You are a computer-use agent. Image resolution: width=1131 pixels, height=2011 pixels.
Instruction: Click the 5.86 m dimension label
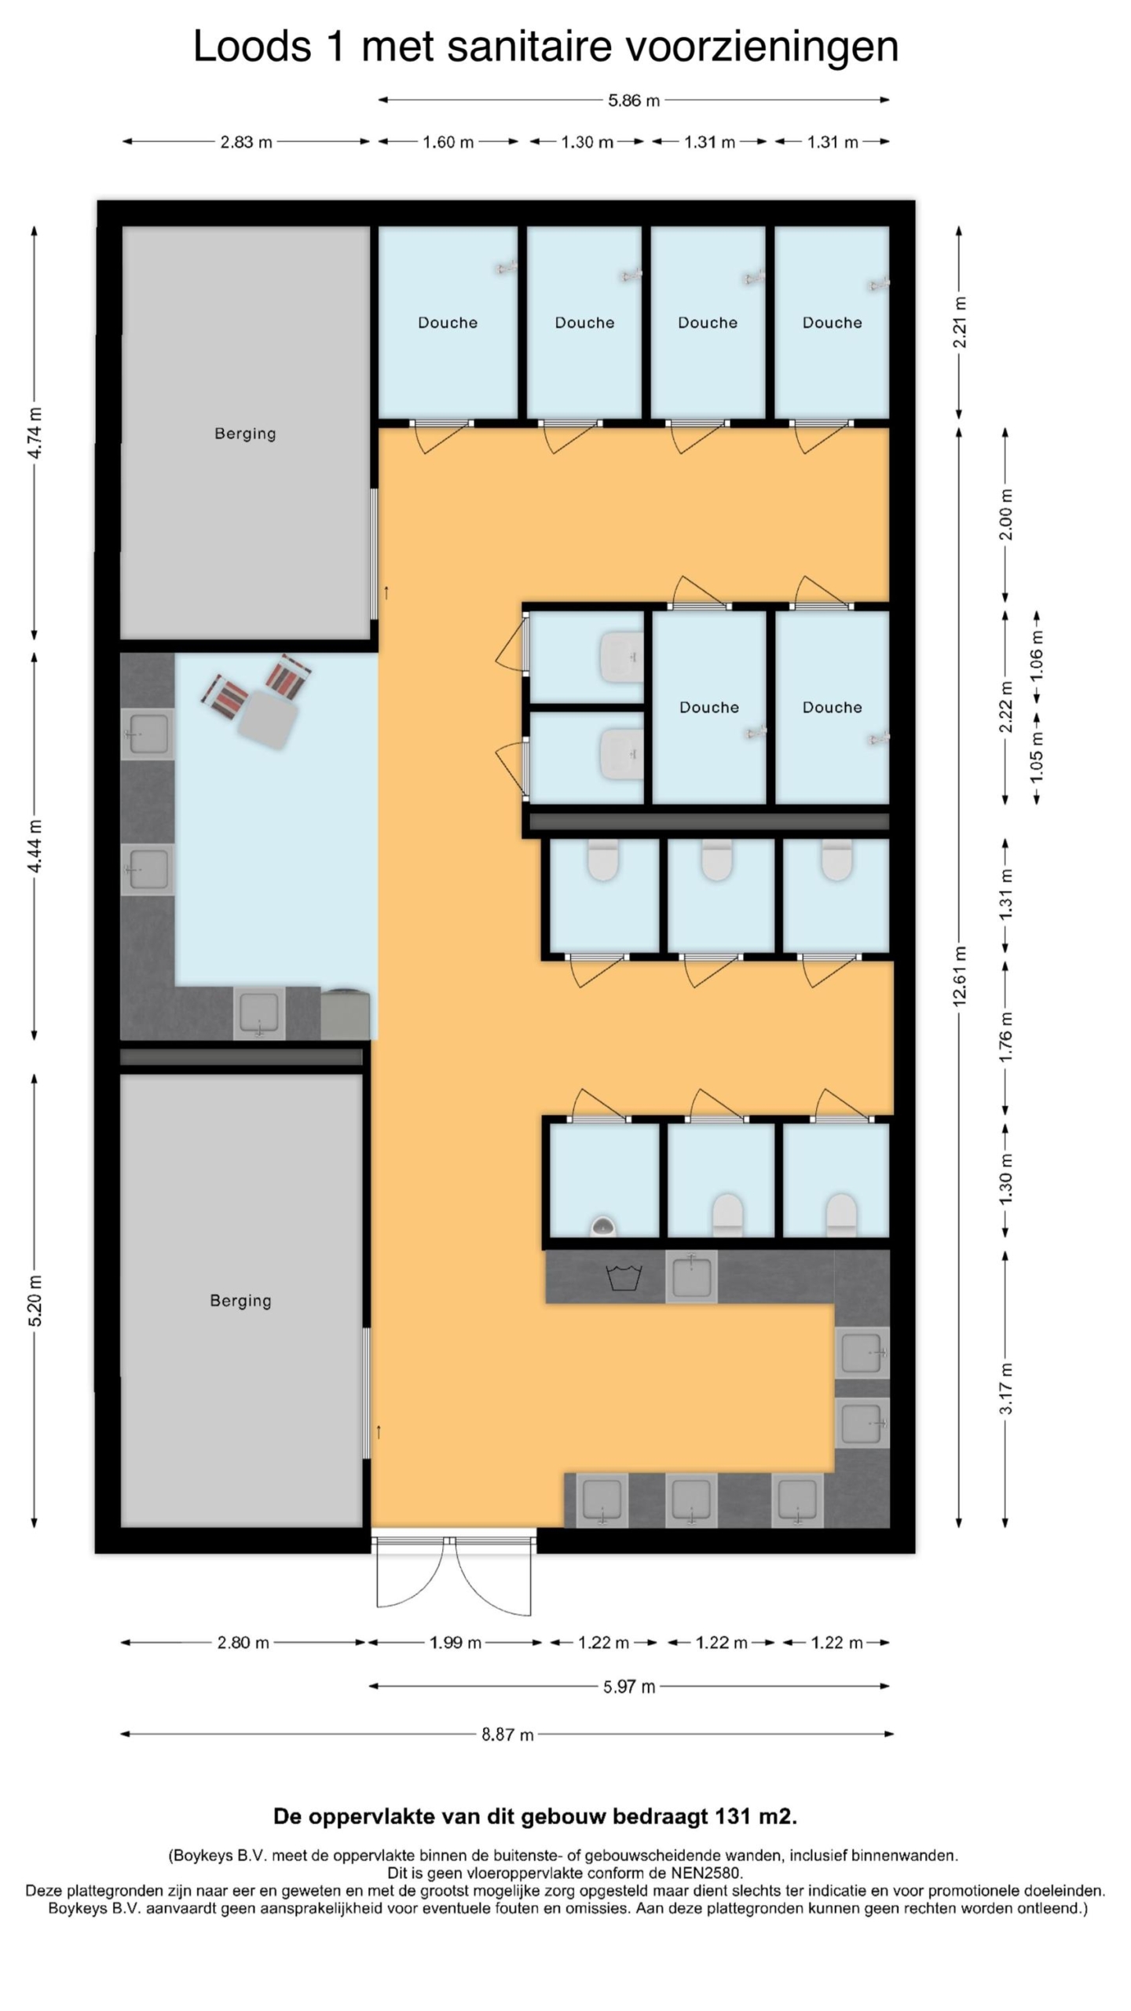[x=633, y=101]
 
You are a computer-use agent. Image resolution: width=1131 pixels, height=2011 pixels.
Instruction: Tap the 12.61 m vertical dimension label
[x=959, y=976]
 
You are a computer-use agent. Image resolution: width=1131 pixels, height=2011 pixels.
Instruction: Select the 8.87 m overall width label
[x=507, y=1734]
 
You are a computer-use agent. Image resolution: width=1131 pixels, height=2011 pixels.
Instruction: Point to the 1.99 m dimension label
[x=455, y=1643]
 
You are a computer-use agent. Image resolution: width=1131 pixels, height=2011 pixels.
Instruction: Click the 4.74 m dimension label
[x=35, y=433]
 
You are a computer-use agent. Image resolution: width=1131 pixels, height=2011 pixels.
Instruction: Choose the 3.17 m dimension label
[x=1006, y=1389]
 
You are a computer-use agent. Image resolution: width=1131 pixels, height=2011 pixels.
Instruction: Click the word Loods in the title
[x=252, y=46]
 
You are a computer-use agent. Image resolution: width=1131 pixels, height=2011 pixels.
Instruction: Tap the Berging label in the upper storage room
[x=245, y=434]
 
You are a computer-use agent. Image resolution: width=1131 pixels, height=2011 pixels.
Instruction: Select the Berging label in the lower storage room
[x=240, y=1301]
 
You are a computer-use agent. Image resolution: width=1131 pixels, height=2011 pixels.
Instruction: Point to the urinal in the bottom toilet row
[x=602, y=1225]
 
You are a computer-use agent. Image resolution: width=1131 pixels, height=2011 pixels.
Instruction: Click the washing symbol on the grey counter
[x=624, y=1277]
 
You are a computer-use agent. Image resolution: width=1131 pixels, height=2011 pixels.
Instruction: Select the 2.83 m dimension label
[x=246, y=142]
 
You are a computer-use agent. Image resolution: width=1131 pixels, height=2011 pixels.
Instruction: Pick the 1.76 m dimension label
[x=1006, y=1037]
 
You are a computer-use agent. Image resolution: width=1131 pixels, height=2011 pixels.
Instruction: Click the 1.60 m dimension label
[x=448, y=142]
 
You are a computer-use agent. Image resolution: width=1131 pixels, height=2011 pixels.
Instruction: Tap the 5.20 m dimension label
[x=35, y=1300]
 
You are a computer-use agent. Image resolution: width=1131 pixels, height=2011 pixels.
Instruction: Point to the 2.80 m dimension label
[x=243, y=1643]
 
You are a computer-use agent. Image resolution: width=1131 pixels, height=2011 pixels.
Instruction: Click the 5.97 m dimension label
[x=629, y=1687]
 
